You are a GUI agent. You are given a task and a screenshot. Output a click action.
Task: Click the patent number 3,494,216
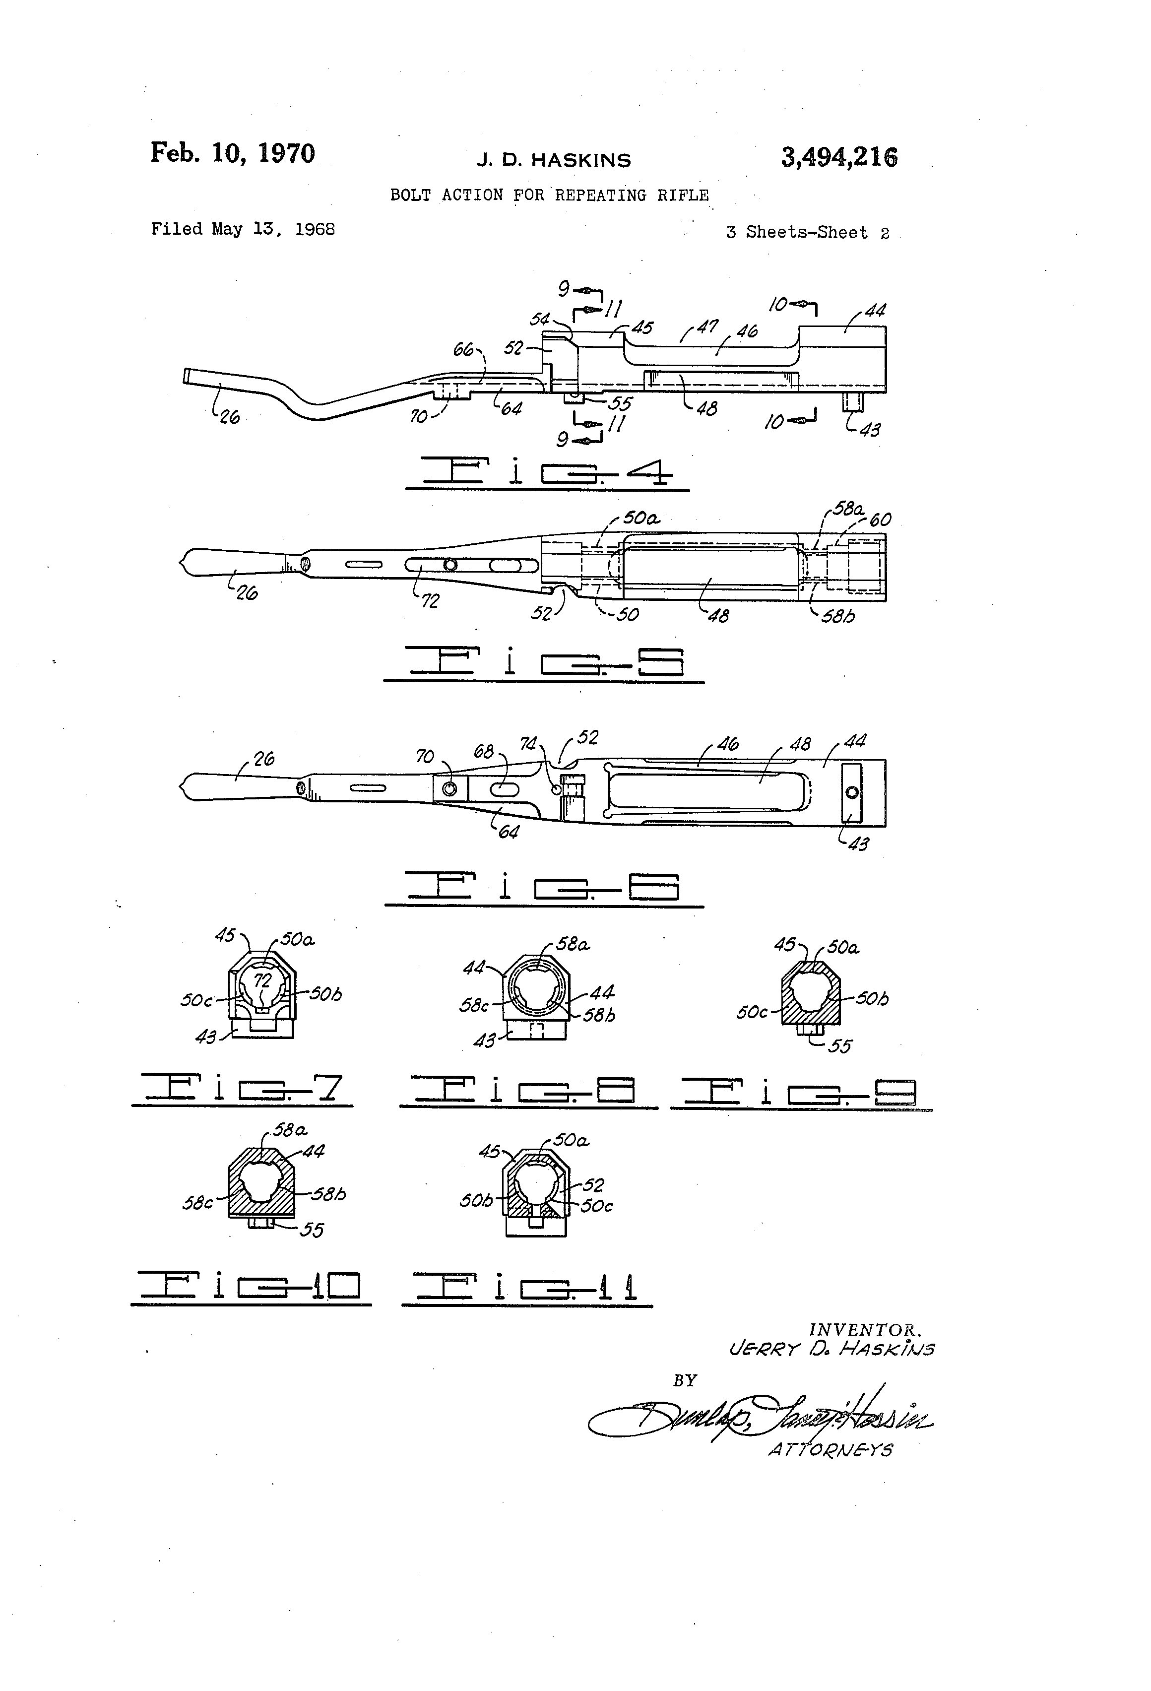pos(839,157)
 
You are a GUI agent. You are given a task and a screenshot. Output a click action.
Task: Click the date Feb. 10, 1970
pos(233,153)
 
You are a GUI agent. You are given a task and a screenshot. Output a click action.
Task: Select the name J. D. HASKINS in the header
pos(554,160)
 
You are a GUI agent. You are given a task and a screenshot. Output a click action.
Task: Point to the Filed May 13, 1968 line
pos(243,229)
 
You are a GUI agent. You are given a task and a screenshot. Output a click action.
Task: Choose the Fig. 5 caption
pos(543,663)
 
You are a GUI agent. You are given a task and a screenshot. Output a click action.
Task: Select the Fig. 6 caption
pos(543,887)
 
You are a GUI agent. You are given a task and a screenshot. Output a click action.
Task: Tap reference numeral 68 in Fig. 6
pos(484,752)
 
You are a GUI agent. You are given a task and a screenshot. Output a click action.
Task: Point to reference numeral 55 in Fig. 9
pos(840,1046)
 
